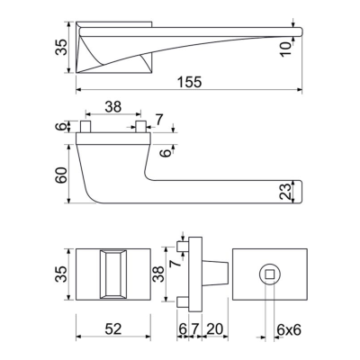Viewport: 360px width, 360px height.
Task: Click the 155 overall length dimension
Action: (x=188, y=81)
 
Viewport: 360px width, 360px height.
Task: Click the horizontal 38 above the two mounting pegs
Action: (x=113, y=106)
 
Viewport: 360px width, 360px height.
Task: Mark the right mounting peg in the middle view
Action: (x=141, y=127)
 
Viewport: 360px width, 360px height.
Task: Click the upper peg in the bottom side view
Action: (x=183, y=244)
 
